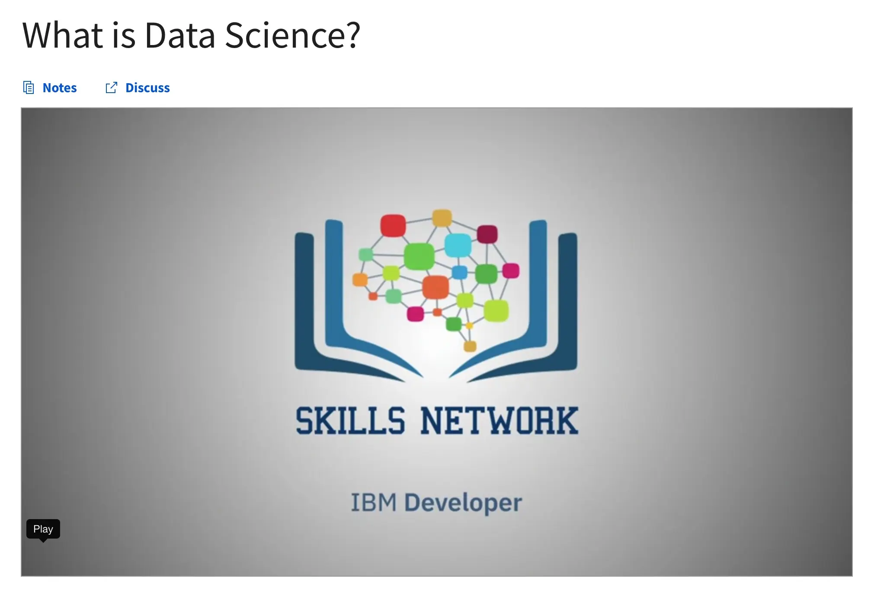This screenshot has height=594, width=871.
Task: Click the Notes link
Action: [59, 88]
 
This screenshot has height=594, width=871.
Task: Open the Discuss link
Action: [147, 88]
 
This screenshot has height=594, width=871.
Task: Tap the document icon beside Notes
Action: [29, 88]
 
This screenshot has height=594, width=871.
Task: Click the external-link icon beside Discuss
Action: [112, 88]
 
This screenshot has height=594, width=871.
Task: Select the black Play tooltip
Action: [43, 529]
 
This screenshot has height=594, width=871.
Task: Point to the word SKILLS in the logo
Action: [350, 420]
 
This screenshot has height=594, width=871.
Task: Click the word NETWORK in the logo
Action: [500, 420]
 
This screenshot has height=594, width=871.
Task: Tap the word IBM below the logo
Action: [374, 503]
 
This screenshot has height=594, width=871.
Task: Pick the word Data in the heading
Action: [180, 35]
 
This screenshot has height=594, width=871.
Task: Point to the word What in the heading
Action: [63, 35]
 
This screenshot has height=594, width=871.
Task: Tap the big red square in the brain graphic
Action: [393, 226]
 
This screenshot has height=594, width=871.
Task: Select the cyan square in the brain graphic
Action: [458, 245]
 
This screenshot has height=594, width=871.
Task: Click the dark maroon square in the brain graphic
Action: [487, 234]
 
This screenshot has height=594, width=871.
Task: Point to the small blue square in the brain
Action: [459, 272]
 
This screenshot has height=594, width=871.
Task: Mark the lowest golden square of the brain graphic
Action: [470, 346]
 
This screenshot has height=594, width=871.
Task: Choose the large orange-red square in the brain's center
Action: [435, 287]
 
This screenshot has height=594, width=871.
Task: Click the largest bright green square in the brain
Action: [419, 256]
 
